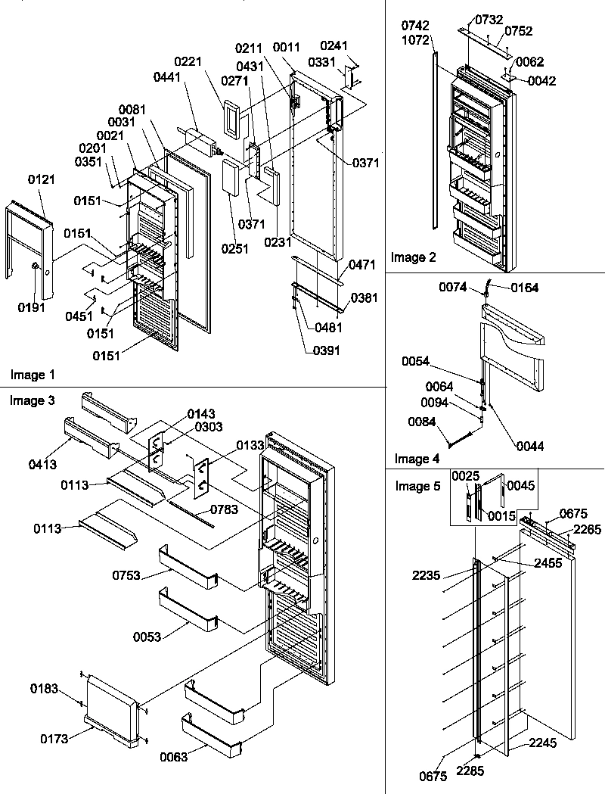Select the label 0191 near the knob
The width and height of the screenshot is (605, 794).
[x=32, y=307]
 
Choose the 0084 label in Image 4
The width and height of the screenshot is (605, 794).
[x=422, y=421]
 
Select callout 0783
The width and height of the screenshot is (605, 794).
[x=225, y=509]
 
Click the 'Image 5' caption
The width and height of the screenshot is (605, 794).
[x=417, y=486]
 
